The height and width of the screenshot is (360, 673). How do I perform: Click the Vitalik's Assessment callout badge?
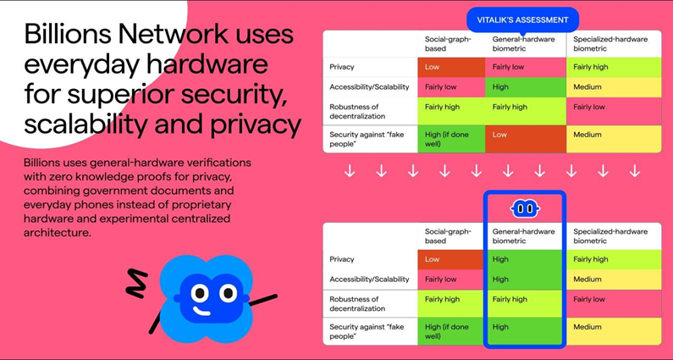click(522, 19)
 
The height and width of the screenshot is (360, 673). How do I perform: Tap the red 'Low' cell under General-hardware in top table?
click(525, 134)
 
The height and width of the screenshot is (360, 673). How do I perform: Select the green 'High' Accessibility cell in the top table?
click(525, 86)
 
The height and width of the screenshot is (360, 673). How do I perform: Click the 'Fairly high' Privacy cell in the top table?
click(613, 67)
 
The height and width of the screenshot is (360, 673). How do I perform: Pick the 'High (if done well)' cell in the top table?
click(450, 138)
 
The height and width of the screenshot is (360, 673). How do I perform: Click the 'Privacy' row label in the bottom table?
click(343, 259)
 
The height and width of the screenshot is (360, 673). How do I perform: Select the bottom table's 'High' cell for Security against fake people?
click(525, 327)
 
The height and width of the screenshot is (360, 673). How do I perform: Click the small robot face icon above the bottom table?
click(525, 208)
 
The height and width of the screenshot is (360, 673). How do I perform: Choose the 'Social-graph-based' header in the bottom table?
click(449, 235)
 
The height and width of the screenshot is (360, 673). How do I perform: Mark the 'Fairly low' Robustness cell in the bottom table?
click(613, 299)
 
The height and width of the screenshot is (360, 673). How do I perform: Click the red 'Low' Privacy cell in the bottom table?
click(450, 259)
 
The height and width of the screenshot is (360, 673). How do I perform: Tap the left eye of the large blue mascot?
click(199, 293)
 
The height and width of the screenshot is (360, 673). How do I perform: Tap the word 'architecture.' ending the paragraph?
click(57, 232)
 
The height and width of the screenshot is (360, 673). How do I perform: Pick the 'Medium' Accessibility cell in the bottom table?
click(613, 279)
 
